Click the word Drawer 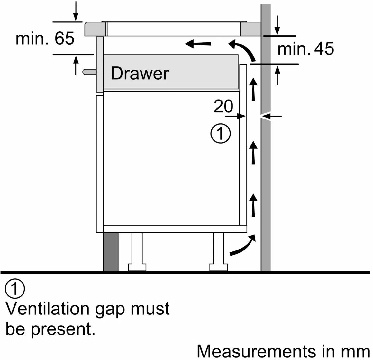point(140,73)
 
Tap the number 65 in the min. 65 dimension point(64,38)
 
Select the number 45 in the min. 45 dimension point(324,49)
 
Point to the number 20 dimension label point(223,106)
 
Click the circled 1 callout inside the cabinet point(221,133)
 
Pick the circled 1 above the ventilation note point(15,288)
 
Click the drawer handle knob point(89,72)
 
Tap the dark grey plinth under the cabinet point(111,251)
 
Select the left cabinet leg point(137,251)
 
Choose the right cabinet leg point(218,251)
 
